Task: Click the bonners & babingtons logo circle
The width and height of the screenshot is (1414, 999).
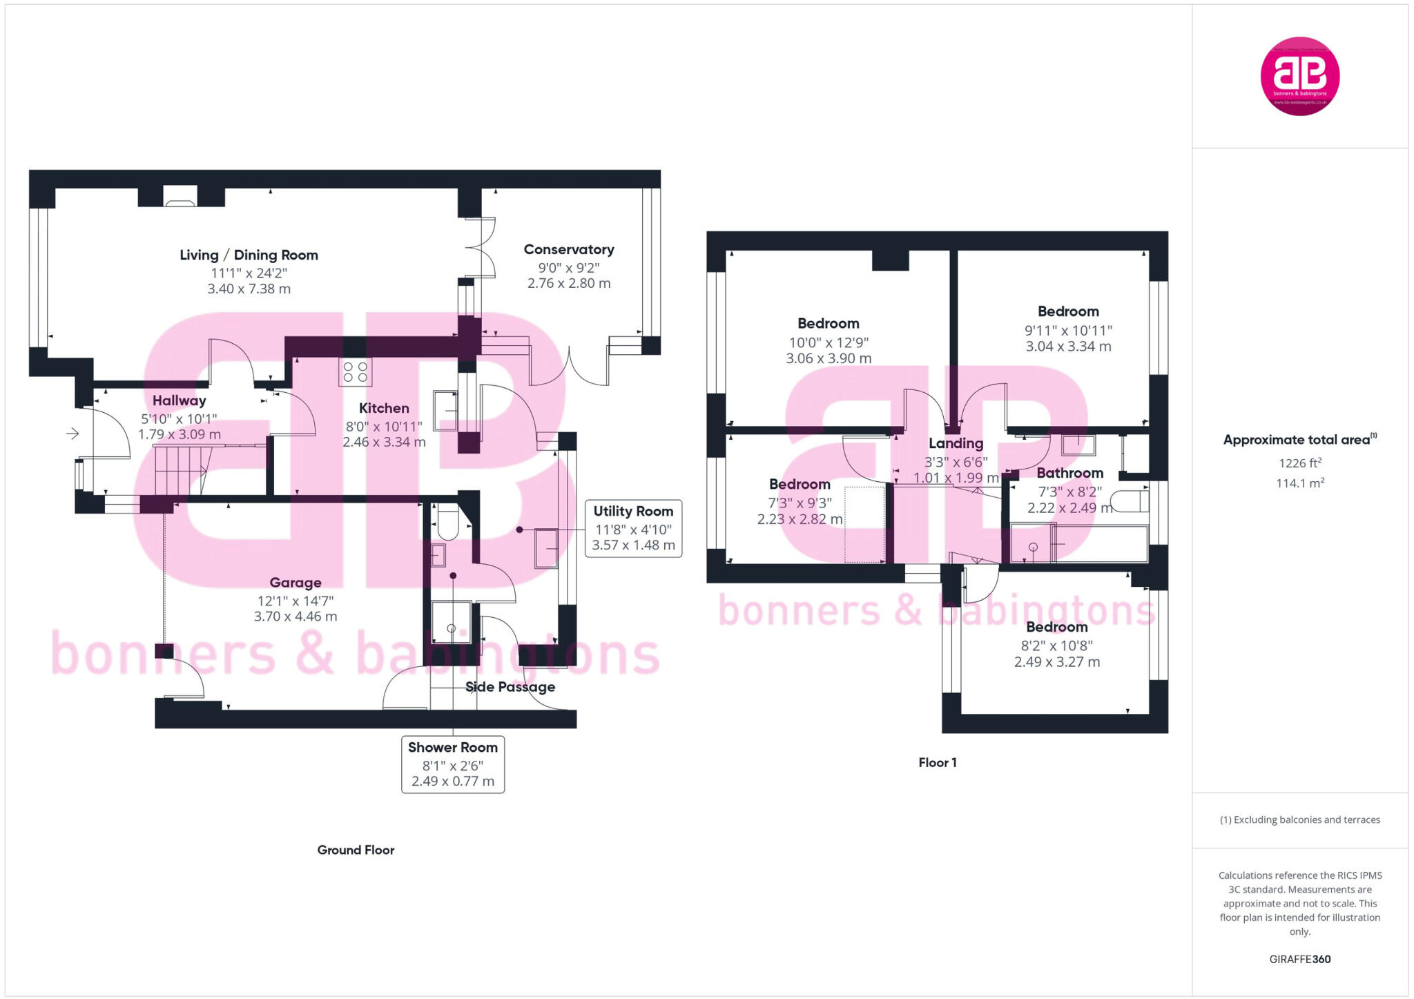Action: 1299,76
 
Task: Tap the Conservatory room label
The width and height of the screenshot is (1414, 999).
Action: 568,249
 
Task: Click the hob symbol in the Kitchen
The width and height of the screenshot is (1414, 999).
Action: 355,372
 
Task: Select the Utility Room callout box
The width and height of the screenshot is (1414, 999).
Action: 633,528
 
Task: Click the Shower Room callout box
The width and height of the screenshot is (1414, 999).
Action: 452,764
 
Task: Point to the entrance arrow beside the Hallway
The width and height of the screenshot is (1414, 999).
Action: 72,434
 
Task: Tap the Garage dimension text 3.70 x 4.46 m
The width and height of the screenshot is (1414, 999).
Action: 296,617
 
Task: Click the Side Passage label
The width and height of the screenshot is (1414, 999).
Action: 510,687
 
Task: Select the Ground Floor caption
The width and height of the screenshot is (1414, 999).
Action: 356,850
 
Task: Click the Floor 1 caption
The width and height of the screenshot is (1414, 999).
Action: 937,762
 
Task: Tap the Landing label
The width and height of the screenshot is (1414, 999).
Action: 956,443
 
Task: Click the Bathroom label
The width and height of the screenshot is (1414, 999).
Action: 1069,473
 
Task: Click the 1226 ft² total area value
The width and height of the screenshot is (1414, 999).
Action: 1299,463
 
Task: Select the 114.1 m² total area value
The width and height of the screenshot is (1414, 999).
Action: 1299,483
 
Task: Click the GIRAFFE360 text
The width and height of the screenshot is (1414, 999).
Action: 1299,959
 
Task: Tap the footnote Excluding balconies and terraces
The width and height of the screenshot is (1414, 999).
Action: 1299,819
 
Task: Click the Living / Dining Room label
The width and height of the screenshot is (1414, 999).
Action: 249,255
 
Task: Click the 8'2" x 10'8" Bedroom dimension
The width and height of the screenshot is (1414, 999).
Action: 1056,646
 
